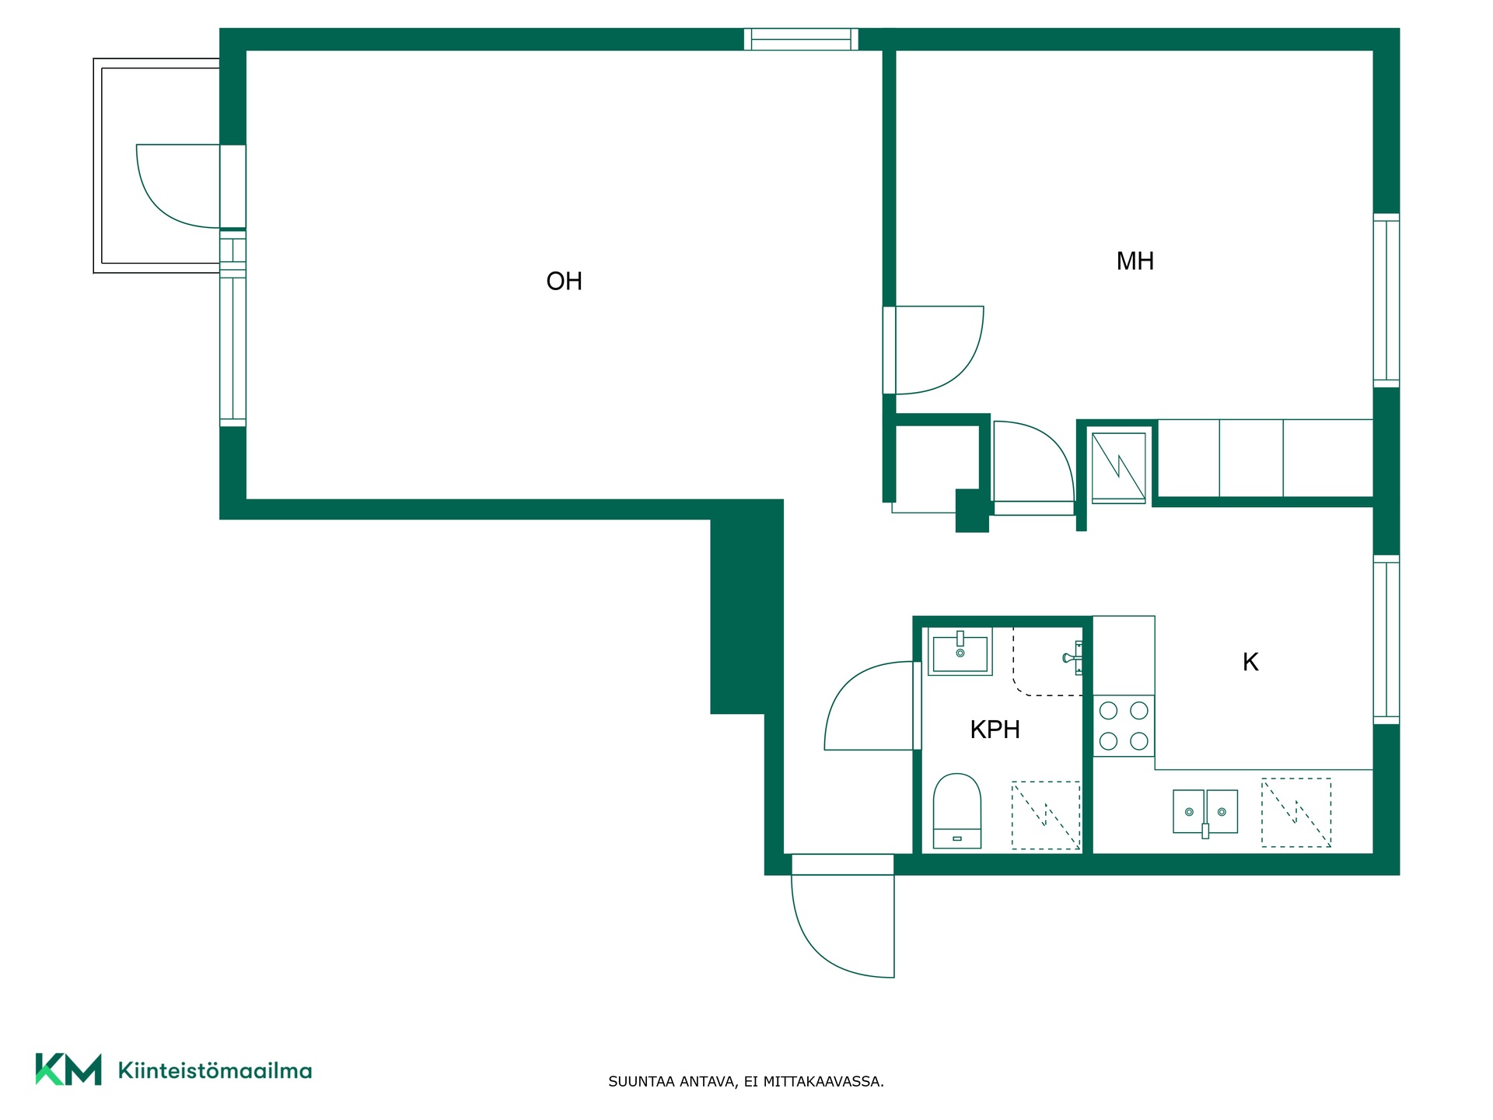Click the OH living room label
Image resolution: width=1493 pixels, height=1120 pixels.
pos(564,281)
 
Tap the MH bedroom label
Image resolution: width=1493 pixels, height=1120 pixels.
pos(1135,261)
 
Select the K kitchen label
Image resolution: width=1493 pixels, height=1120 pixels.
pos(1250,662)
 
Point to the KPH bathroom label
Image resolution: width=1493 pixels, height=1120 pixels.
pos(995,730)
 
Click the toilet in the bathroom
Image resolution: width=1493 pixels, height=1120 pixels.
pos(956,810)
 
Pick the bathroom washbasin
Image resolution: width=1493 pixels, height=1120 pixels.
pos(960,652)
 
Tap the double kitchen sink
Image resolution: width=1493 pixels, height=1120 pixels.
pos(1205,812)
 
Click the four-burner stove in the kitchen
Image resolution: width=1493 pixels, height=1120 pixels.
pos(1124,726)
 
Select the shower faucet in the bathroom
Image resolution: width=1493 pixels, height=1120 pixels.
pos(1073,658)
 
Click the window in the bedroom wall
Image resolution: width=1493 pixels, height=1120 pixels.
pos(1386,300)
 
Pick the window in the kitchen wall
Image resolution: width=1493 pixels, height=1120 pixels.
pos(1386,639)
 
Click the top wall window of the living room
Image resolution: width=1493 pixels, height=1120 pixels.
pos(801,39)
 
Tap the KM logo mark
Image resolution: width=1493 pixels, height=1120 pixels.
pos(68,1069)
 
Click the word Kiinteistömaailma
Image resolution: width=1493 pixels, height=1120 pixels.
pos(215,1070)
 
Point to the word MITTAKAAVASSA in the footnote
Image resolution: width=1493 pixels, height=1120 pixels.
pos(823,1081)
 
